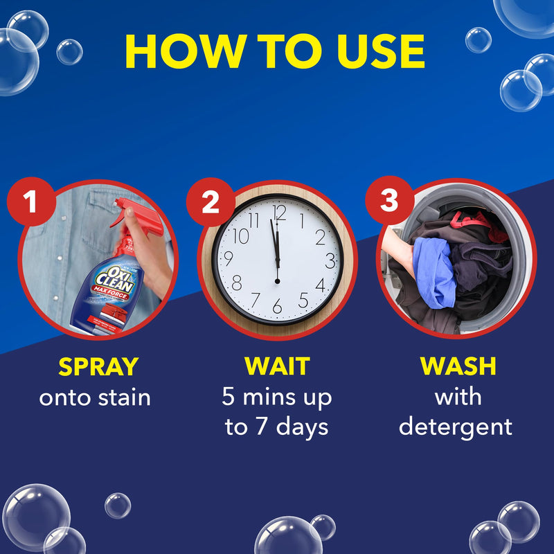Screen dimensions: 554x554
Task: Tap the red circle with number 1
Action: click(x=29, y=202)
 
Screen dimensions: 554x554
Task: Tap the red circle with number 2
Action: click(x=209, y=202)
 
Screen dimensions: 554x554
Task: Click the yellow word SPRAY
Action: click(x=98, y=366)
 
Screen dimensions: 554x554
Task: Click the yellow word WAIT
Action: click(x=277, y=366)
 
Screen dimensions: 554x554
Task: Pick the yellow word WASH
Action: click(x=457, y=366)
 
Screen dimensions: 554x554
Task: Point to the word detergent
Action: click(x=456, y=427)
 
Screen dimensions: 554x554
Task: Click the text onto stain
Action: click(x=95, y=397)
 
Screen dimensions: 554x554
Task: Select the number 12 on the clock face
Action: click(x=279, y=212)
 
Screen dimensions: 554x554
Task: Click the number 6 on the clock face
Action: click(x=277, y=305)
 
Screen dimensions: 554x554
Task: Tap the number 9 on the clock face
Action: click(x=229, y=259)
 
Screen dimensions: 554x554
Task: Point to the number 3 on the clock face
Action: click(x=331, y=261)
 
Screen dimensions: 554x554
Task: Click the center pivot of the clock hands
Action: click(x=277, y=280)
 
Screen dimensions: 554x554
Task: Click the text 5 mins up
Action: click(x=277, y=397)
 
